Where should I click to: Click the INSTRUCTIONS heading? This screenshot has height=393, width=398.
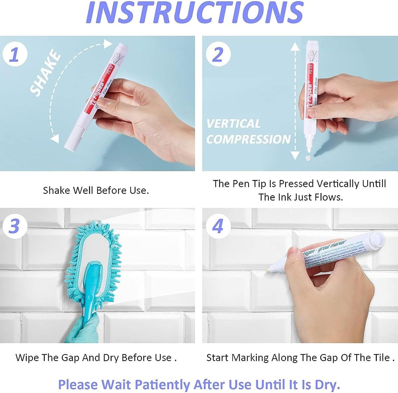(195, 13)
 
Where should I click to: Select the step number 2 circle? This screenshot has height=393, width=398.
(217, 54)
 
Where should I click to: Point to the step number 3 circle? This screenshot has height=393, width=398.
(14, 227)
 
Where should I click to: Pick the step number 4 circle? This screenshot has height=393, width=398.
(217, 227)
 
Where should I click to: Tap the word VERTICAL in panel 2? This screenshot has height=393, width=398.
(233, 124)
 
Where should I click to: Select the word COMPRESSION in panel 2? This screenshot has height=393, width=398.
(248, 139)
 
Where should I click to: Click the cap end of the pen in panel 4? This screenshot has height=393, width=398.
(377, 238)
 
